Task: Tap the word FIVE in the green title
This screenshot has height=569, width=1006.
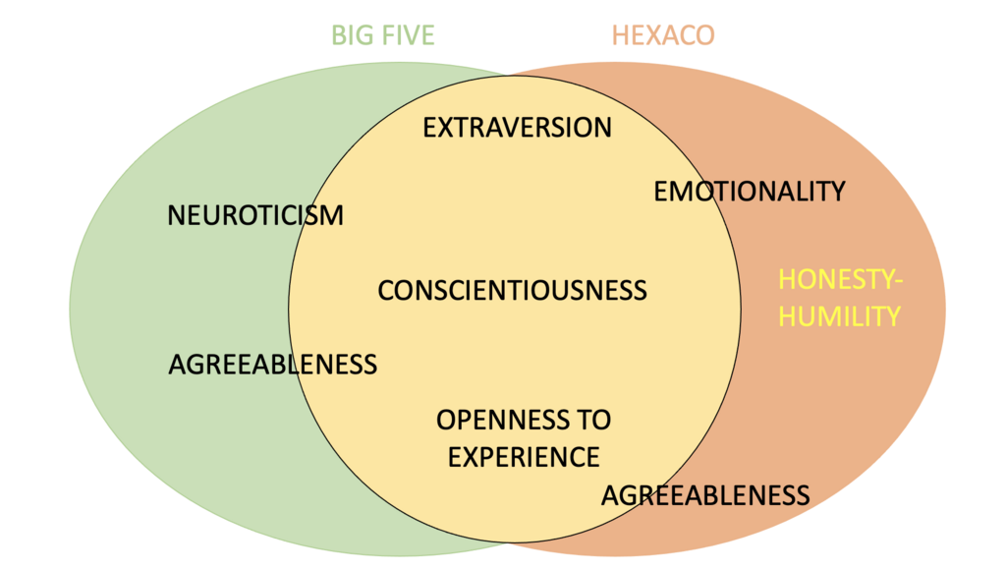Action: tap(406, 36)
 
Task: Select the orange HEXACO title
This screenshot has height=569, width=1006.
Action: tap(663, 36)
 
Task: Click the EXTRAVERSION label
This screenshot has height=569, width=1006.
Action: tap(517, 128)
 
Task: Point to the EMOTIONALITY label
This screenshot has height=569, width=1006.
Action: tap(750, 192)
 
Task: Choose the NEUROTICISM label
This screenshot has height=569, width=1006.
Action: tap(255, 215)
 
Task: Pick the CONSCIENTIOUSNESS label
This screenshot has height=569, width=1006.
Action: tap(513, 291)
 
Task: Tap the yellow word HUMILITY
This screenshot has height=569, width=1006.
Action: tap(840, 316)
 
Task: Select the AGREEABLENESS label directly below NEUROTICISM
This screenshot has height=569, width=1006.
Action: tap(273, 365)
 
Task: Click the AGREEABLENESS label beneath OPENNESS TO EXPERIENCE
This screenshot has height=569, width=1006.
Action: tap(705, 494)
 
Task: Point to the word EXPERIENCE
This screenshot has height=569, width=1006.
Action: tap(524, 457)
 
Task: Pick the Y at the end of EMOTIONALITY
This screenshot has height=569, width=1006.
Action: tap(836, 192)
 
